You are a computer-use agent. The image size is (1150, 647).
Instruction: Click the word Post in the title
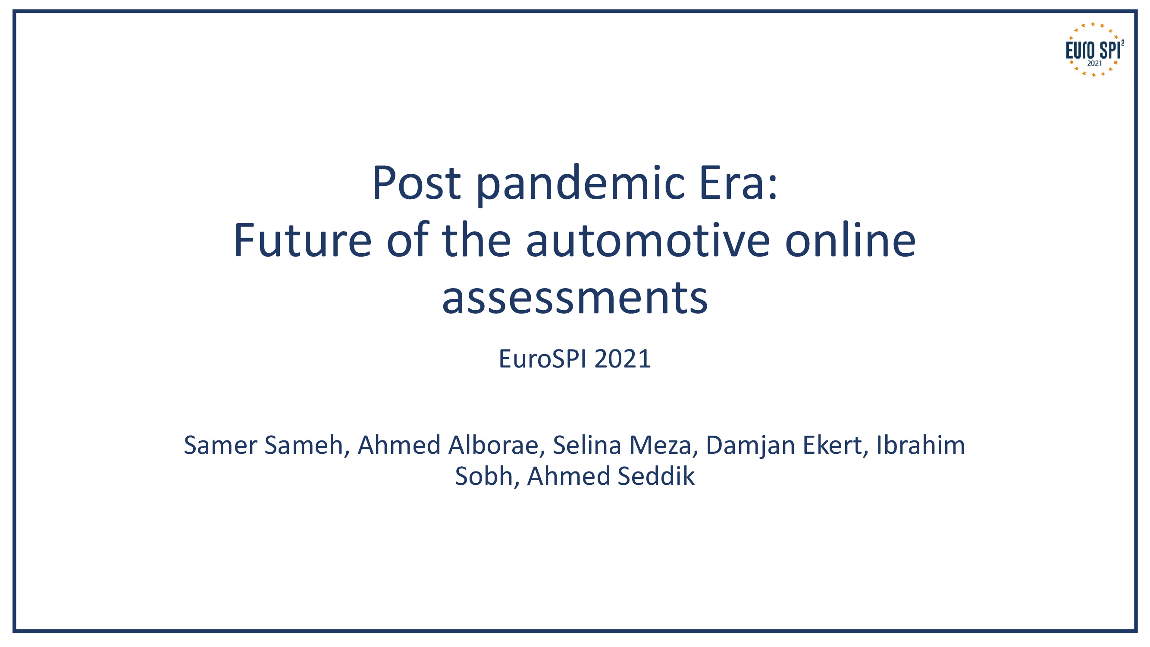point(416,183)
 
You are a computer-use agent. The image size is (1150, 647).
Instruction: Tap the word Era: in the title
point(738,183)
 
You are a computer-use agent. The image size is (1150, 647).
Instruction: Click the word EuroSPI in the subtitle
point(543,359)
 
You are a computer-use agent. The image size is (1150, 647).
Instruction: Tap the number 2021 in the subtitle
point(623,359)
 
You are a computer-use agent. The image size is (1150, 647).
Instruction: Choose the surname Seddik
point(656,476)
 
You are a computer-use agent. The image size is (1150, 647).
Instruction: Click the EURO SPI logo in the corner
point(1094,50)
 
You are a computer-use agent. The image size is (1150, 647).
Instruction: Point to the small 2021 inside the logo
point(1094,63)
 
